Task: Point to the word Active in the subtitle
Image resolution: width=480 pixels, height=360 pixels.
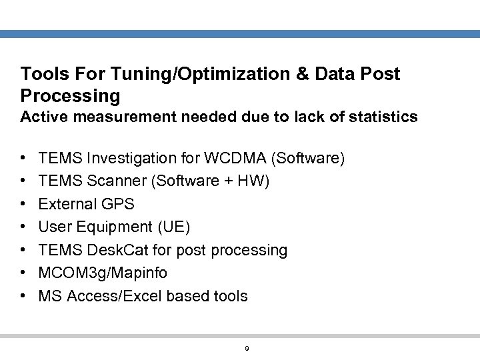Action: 42,117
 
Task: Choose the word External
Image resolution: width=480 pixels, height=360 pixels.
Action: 67,204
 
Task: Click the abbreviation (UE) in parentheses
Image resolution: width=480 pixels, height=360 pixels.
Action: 173,227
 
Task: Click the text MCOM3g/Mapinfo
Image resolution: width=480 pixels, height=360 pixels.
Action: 103,273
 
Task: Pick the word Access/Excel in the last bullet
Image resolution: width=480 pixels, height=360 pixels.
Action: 111,295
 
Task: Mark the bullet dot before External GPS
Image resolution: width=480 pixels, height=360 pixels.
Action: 24,205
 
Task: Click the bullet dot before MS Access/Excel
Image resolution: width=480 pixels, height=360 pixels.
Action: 24,296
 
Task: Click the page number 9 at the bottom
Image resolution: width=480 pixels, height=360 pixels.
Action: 247,348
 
